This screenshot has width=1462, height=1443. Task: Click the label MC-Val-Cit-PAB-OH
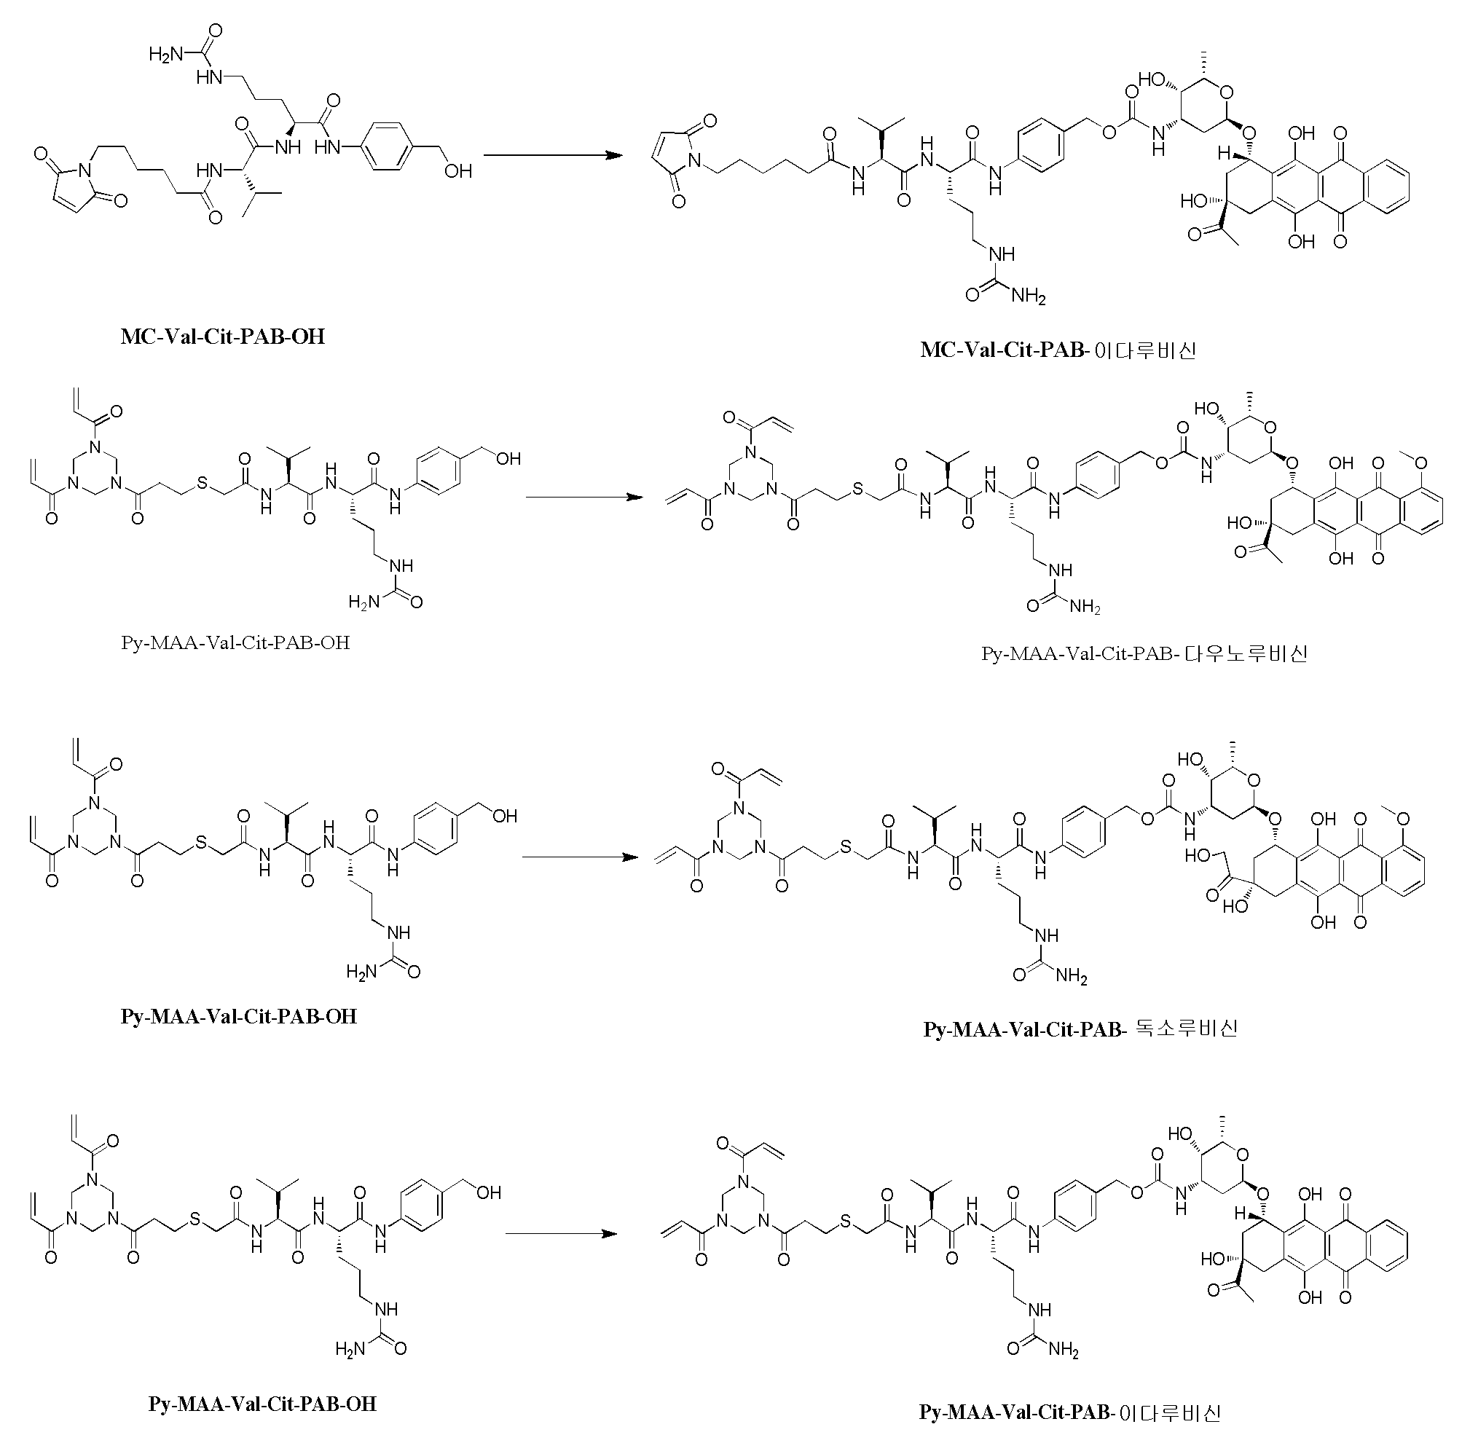pyautogui.click(x=222, y=336)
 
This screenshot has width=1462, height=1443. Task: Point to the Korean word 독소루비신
pyautogui.click(x=1187, y=1029)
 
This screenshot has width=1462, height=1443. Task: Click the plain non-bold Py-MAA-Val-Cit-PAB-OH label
pyautogui.click(x=235, y=642)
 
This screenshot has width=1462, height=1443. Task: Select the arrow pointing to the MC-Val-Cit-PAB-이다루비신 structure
pyautogui.click(x=552, y=156)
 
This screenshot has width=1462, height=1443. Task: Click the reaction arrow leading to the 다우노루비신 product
pyautogui.click(x=583, y=497)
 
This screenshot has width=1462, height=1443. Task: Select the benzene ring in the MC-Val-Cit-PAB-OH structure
pyautogui.click(x=388, y=146)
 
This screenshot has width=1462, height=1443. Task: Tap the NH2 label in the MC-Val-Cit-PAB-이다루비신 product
pyautogui.click(x=1029, y=296)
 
